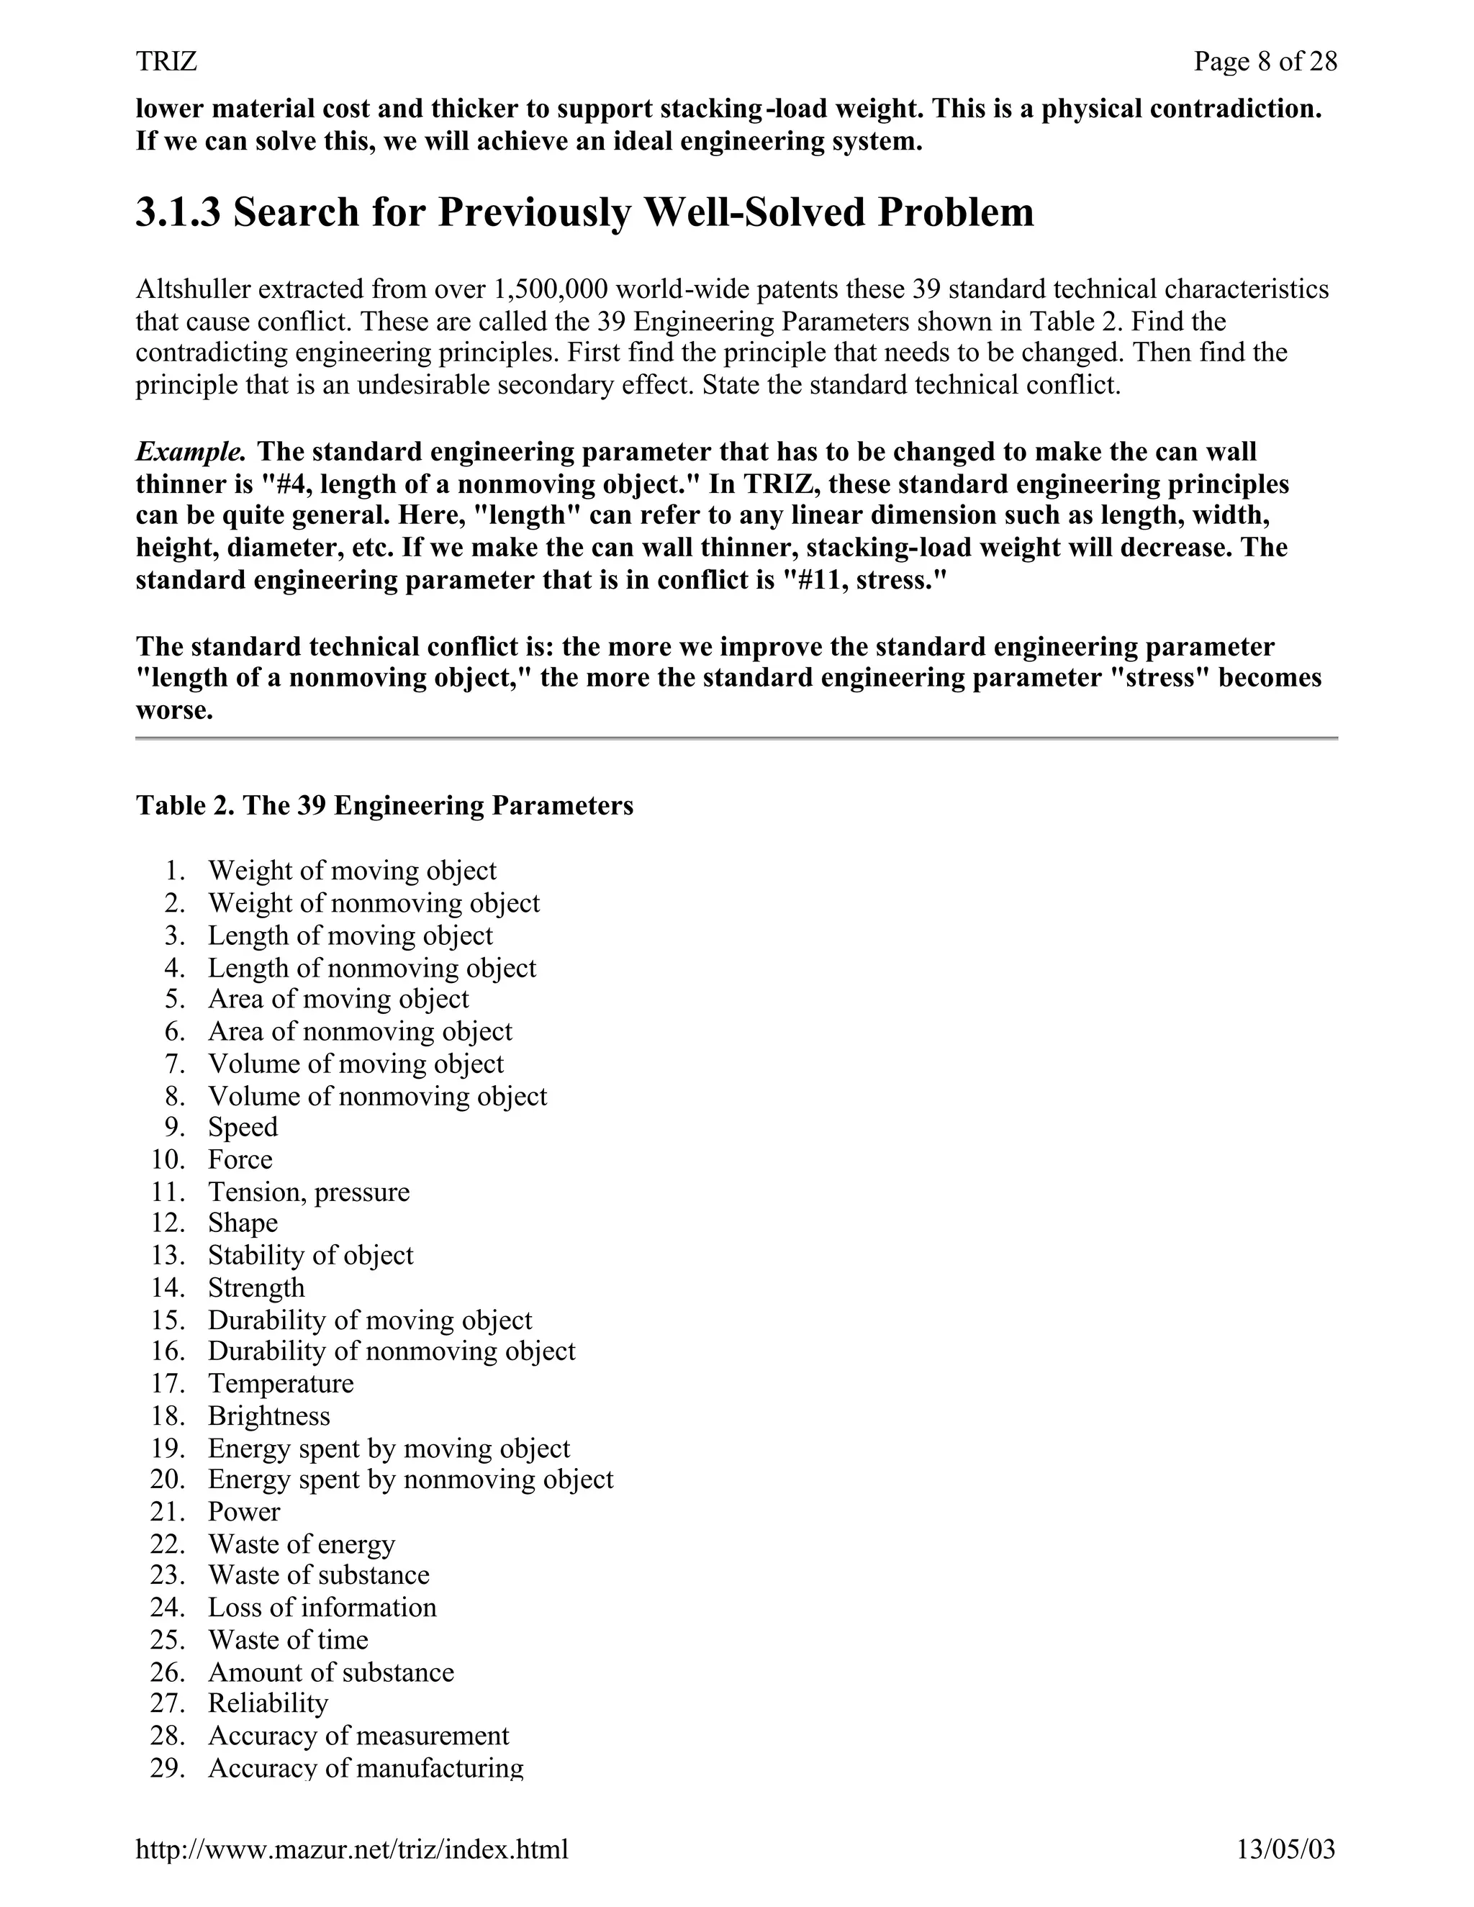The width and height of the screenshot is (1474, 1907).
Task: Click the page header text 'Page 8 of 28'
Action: (x=1265, y=61)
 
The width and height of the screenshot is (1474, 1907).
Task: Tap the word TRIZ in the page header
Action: (x=166, y=61)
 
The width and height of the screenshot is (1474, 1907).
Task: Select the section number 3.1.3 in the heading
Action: (x=178, y=212)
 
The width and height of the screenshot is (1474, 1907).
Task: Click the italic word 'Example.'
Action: (x=190, y=451)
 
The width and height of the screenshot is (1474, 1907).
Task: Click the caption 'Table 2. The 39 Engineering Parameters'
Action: (x=384, y=805)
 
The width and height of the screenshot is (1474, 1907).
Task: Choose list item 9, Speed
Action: (x=243, y=1127)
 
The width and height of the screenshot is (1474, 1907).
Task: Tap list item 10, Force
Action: (x=240, y=1159)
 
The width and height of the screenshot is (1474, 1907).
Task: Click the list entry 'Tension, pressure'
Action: (x=308, y=1192)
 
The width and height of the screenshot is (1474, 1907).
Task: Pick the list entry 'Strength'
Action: (x=256, y=1288)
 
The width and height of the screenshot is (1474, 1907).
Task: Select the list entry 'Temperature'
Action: (x=280, y=1384)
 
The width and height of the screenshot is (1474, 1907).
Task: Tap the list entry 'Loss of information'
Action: (x=321, y=1608)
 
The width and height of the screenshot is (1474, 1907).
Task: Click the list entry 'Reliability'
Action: (x=267, y=1703)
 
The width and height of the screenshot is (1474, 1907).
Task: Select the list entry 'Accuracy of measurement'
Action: (x=358, y=1736)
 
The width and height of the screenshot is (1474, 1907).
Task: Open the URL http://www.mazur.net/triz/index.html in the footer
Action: (x=352, y=1849)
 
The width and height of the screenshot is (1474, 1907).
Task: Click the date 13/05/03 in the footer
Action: (x=1285, y=1849)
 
